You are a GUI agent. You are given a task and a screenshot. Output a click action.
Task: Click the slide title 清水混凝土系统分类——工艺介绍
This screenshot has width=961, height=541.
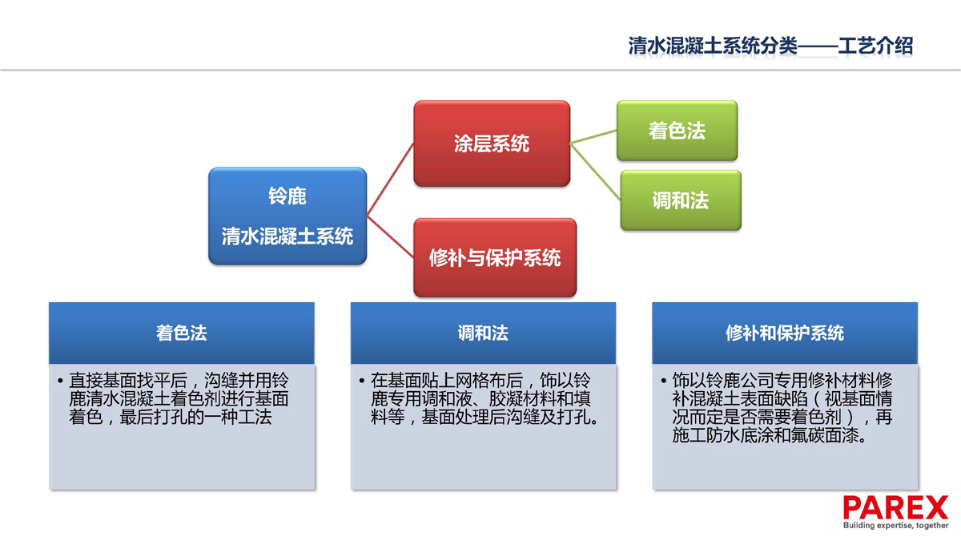coord(770,46)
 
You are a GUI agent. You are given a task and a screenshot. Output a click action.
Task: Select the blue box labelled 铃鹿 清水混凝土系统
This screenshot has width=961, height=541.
coord(287,216)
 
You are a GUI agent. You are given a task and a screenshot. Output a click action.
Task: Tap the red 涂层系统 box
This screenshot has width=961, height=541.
coord(492,143)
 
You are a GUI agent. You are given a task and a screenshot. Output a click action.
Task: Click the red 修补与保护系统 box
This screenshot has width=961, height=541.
coord(495,257)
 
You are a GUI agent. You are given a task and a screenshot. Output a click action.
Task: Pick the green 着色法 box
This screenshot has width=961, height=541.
coord(677,131)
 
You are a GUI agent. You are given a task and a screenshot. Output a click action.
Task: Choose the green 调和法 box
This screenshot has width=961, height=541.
coord(681,200)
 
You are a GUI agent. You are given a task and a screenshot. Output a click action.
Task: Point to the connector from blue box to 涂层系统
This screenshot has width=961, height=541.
coord(390,179)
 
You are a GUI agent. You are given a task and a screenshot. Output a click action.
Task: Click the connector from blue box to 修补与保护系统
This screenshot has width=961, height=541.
coord(390,236)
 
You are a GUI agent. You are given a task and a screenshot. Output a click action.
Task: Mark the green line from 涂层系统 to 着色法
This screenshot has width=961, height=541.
coord(593,137)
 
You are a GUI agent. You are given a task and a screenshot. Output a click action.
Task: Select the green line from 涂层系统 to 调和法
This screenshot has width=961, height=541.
coord(595,172)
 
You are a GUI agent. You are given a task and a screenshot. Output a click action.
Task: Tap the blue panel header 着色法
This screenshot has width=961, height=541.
coord(182,333)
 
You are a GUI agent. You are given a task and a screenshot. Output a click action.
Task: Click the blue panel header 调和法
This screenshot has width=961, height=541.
coord(483,333)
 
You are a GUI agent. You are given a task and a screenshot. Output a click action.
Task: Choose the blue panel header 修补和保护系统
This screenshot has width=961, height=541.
coord(785,333)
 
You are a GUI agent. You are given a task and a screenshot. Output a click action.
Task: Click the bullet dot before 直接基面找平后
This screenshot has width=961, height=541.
coord(60,381)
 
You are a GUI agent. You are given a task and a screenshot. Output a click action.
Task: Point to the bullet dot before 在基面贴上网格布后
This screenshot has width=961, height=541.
coord(362,381)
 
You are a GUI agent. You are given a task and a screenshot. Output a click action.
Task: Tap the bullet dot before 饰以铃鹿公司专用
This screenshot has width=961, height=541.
coord(663,381)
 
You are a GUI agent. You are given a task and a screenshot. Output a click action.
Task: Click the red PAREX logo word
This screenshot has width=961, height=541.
coord(895,507)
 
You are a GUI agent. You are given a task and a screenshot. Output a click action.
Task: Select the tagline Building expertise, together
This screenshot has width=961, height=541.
coord(896,525)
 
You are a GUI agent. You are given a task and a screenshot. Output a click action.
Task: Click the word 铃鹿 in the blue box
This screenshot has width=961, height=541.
coord(287,196)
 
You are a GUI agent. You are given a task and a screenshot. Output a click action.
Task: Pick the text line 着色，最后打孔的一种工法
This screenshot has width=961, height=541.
coord(171,418)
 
